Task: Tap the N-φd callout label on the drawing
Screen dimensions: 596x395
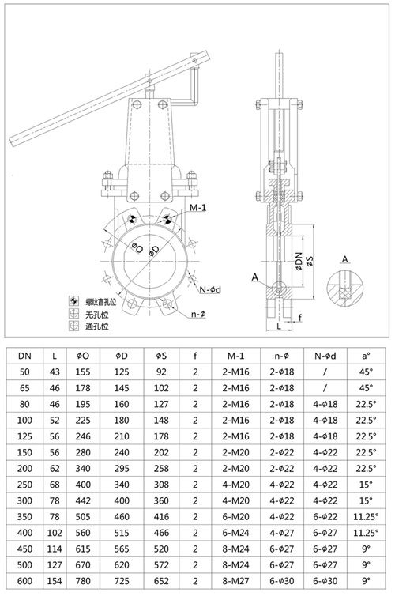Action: pos(210,290)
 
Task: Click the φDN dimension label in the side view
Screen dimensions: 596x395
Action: pos(299,263)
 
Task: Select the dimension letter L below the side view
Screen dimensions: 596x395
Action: pos(280,324)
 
